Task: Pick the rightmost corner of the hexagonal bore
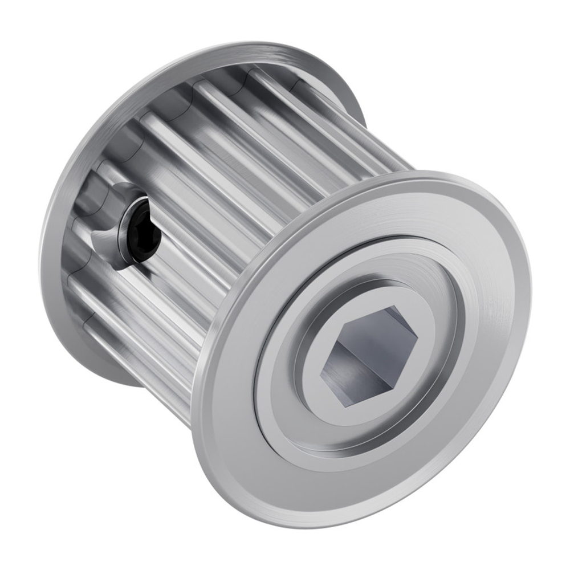pos(418,340)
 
